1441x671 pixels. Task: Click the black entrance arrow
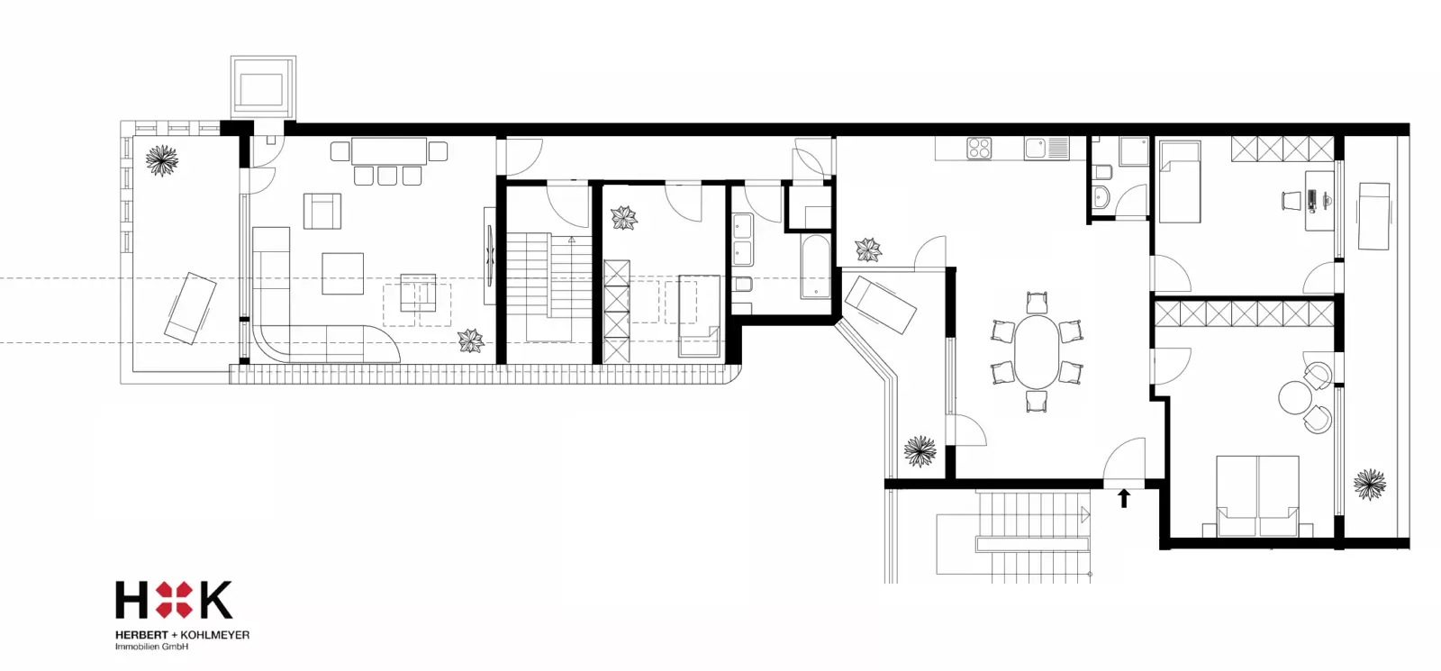click(x=1124, y=498)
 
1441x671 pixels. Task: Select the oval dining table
click(x=1037, y=351)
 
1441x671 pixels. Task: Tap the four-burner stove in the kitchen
click(x=978, y=149)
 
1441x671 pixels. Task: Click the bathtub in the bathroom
click(x=815, y=267)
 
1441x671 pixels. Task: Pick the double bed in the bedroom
click(x=1257, y=496)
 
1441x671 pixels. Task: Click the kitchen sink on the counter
click(x=1047, y=149)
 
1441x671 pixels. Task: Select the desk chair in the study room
click(x=1291, y=200)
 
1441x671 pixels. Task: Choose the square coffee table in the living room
click(x=343, y=274)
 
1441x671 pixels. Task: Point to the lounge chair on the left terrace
click(x=190, y=307)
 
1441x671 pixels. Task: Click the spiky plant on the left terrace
click(x=161, y=160)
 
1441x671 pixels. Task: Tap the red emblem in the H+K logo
click(x=174, y=600)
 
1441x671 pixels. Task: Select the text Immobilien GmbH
click(x=152, y=647)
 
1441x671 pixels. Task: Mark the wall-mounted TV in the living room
click(x=490, y=256)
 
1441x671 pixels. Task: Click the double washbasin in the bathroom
click(x=743, y=240)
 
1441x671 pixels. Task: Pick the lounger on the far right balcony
click(x=1373, y=216)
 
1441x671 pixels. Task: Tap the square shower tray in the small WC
click(x=1134, y=152)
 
